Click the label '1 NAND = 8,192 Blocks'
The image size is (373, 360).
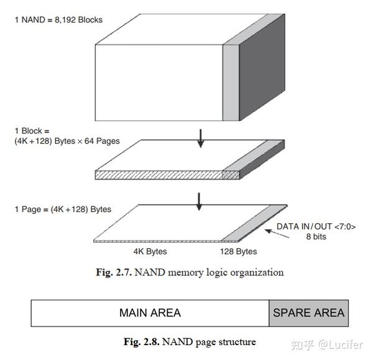coord(58,20)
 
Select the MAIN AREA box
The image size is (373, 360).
coord(150,313)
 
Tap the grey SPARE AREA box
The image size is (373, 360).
coord(308,313)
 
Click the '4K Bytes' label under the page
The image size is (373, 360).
coord(150,252)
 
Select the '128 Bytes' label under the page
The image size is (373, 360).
coord(238,252)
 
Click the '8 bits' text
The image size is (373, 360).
coord(316,236)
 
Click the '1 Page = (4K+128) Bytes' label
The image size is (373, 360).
coord(62,209)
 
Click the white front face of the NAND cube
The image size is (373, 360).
coord(158,82)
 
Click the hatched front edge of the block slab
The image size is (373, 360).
coord(158,175)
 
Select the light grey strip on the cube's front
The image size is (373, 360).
coord(231,82)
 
